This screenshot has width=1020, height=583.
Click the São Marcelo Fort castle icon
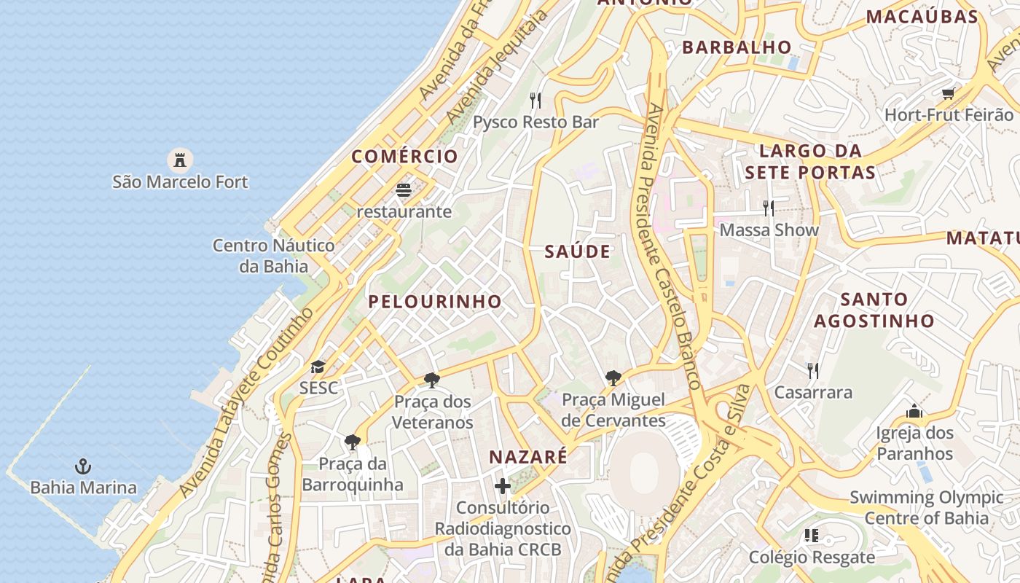click(179, 160)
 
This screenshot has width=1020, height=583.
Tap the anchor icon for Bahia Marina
click(83, 465)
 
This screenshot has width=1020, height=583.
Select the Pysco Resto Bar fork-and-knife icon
click(535, 100)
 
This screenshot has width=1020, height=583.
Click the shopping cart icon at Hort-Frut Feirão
click(948, 93)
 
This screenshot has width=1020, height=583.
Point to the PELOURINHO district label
click(435, 302)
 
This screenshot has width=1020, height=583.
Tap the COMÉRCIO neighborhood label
click(405, 157)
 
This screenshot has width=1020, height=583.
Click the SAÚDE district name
click(578, 251)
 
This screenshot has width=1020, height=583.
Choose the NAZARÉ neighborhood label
click(528, 457)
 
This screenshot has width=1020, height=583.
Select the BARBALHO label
click(737, 47)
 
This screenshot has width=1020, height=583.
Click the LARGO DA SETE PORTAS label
click(810, 162)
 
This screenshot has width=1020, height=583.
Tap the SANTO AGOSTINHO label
click(874, 310)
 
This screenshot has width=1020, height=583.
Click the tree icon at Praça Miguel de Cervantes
click(613, 378)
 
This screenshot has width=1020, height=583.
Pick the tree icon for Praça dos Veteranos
click(432, 380)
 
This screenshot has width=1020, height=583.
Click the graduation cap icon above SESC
click(318, 367)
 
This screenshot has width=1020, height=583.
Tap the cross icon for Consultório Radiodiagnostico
click(503, 485)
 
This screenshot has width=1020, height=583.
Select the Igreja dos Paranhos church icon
click(914, 412)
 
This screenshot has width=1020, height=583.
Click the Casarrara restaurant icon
click(813, 371)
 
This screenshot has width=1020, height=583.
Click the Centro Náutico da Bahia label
click(274, 256)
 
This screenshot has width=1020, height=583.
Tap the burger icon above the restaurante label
click(404, 191)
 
